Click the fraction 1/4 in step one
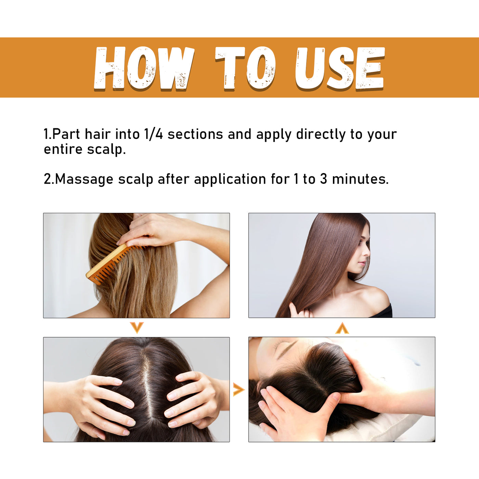tap(153, 134)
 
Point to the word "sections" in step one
tap(195, 134)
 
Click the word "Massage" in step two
tap(84, 179)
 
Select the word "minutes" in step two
tap(359, 179)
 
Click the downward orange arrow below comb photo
tap(137, 327)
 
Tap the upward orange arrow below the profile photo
tap(342, 328)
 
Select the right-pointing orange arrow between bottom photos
tap(238, 389)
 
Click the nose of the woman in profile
tap(367, 254)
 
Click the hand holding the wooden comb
tap(151, 229)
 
